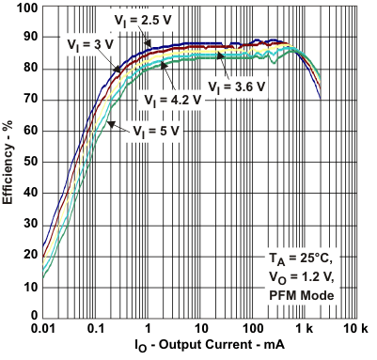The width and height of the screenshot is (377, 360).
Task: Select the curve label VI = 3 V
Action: pyautogui.click(x=92, y=43)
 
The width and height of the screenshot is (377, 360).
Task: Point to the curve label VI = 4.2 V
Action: pyautogui.click(x=173, y=99)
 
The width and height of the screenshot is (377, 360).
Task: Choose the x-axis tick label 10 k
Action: pyautogui.click(x=357, y=328)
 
